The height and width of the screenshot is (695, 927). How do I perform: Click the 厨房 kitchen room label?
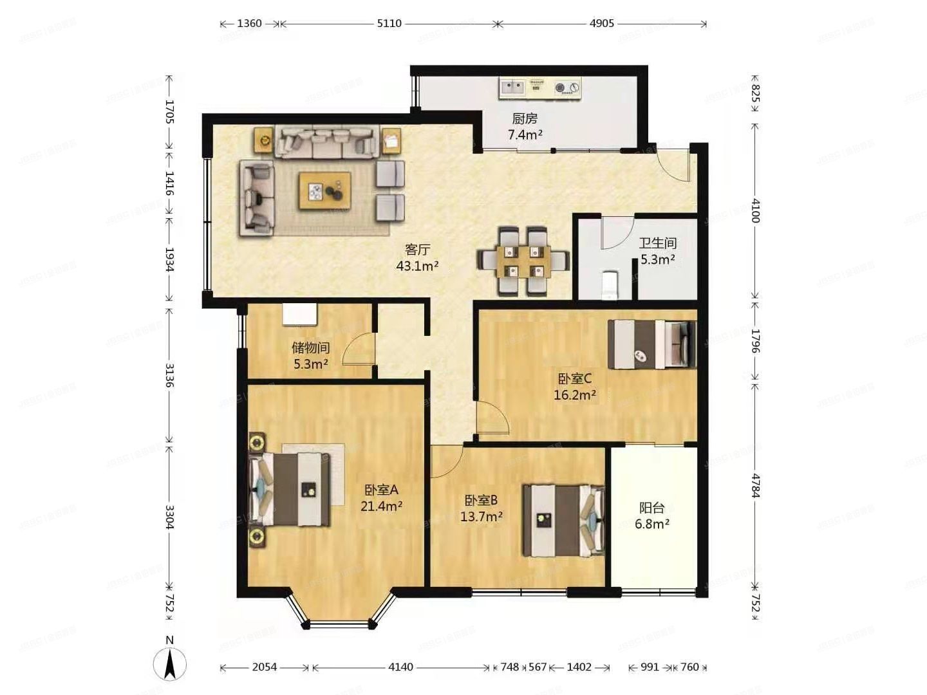[x=525, y=118]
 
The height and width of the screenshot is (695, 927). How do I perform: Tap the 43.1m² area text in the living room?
[x=417, y=266]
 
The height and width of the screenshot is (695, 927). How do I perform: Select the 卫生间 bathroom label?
[x=657, y=243]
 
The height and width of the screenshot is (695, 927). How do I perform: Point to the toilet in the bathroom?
[x=608, y=286]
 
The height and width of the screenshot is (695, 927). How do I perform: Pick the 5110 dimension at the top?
[x=389, y=24]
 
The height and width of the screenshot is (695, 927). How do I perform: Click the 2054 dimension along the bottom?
[x=264, y=667]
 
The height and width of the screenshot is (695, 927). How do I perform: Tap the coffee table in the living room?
[x=324, y=190]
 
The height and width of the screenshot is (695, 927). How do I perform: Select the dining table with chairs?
[x=523, y=261]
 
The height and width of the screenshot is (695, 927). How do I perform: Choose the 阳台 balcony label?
[x=651, y=508]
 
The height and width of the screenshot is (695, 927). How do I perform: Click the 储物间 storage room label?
[x=310, y=347]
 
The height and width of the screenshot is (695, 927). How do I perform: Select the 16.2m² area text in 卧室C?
[x=575, y=395]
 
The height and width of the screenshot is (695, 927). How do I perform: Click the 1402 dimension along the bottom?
[x=579, y=667]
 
